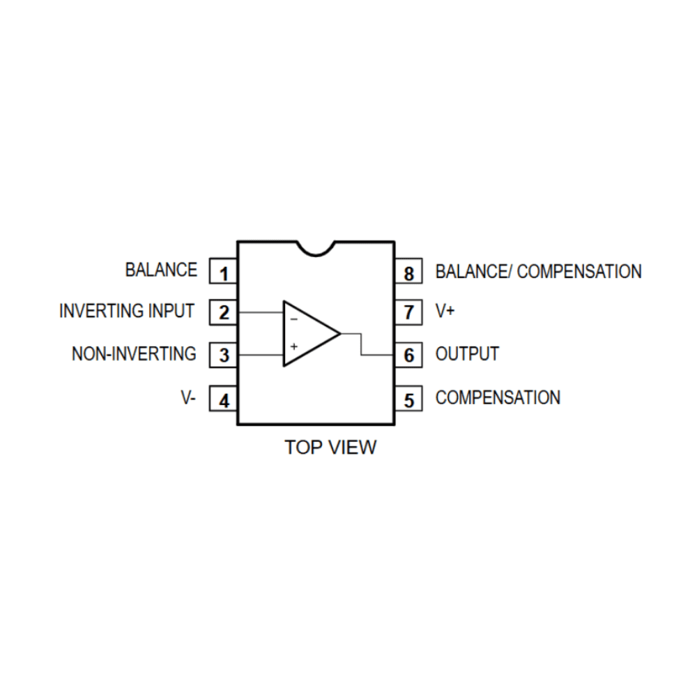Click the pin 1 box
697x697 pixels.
(x=223, y=273)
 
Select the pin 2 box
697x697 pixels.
(x=223, y=312)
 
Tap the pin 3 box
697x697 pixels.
(x=223, y=355)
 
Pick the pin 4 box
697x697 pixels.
(x=223, y=400)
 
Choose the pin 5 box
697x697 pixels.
(x=408, y=399)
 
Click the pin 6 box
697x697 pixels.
(x=408, y=355)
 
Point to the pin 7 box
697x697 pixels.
(x=408, y=312)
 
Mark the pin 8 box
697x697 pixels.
(x=408, y=273)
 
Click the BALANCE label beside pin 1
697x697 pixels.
(x=161, y=270)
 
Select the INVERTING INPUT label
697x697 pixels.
(x=127, y=311)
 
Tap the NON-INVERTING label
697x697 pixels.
(x=134, y=354)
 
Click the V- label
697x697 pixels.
(x=188, y=399)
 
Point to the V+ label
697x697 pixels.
(x=445, y=312)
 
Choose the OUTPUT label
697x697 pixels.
(x=467, y=354)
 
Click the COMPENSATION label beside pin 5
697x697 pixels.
(x=498, y=398)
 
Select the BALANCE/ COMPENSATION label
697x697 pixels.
(x=538, y=271)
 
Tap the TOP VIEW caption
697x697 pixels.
(x=330, y=447)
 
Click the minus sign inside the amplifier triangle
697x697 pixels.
(x=293, y=319)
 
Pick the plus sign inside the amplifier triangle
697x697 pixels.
(x=293, y=346)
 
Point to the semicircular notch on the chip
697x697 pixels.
(x=316, y=247)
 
